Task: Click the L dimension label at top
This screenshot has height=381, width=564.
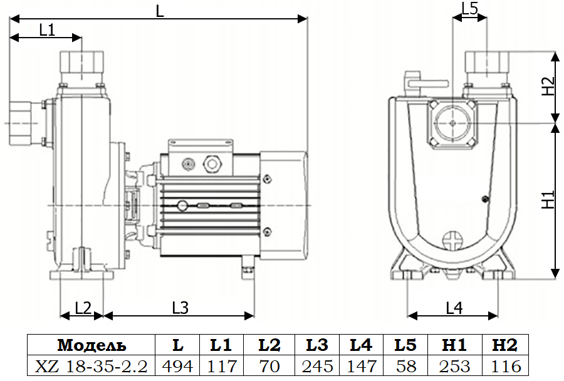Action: pos(160,11)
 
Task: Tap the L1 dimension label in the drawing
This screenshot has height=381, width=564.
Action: pos(47,29)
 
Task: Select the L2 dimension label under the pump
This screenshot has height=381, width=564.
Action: pos(83,307)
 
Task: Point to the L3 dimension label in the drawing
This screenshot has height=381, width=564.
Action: pos(180,307)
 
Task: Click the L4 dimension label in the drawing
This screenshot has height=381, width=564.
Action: pos(454,308)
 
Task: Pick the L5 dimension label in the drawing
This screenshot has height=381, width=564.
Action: pos(469,8)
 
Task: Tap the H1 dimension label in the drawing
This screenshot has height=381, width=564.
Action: pos(548,200)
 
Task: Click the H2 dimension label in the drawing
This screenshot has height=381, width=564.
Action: pos(548,86)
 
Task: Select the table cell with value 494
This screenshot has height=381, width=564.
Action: pos(178,366)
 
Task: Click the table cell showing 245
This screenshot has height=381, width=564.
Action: pos(317,366)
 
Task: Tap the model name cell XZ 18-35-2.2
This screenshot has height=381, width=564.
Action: pos(92,366)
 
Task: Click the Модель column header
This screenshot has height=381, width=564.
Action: pos(92,345)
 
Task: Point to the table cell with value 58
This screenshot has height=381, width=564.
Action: pos(405,366)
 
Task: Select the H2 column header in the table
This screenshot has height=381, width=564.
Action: pos(504,345)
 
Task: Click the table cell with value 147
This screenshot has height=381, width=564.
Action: pos(362,366)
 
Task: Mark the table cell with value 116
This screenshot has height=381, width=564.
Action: pos(504,366)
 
